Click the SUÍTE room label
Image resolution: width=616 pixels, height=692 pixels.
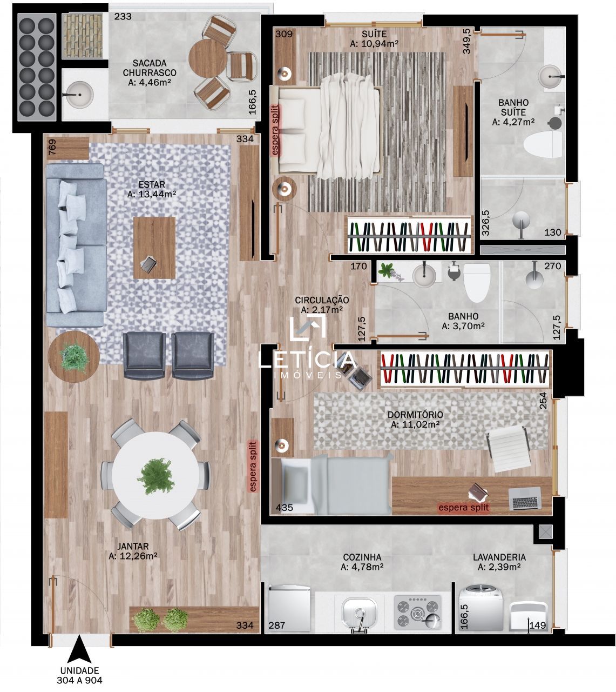pos(374,34)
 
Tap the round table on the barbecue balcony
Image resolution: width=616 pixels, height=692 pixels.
pos(207,58)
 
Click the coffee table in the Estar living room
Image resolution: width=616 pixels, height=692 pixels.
pos(154,248)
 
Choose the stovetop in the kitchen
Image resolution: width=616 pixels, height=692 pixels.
pos(418,612)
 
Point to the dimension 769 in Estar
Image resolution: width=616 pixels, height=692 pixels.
pos(52,147)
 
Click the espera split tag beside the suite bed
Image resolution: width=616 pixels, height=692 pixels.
pos(275,130)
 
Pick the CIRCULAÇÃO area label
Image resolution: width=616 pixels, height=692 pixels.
pos(322,300)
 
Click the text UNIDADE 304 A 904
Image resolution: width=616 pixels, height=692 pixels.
pos(79,675)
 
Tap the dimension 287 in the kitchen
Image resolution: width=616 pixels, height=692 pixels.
pos(276,626)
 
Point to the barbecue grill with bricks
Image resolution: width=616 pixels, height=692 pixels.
pos(83,36)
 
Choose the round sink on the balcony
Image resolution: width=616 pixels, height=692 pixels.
pos(79,95)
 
